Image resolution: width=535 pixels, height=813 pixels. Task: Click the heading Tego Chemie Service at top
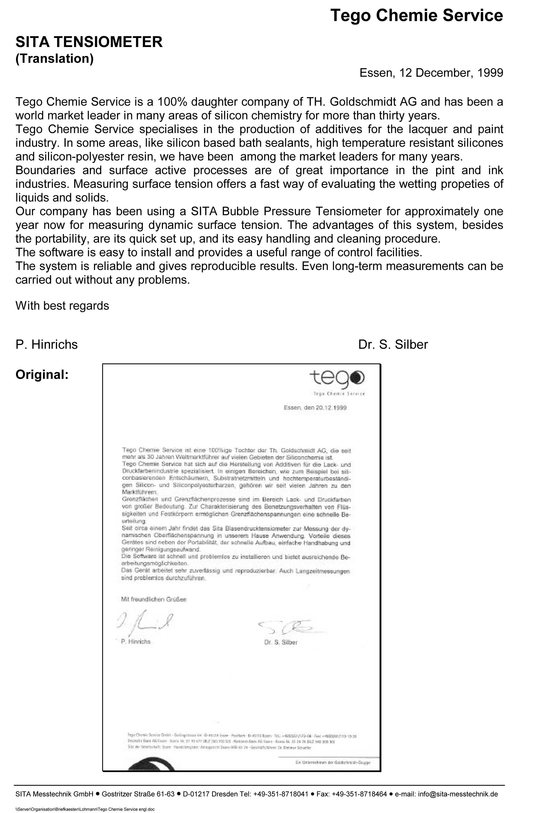coord(416,16)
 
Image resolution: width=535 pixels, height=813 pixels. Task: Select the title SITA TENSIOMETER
coord(89,42)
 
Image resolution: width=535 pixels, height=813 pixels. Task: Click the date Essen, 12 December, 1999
coord(431,73)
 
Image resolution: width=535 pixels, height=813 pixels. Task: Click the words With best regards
coord(62,305)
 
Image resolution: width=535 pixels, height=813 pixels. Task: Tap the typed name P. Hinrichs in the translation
coord(46,344)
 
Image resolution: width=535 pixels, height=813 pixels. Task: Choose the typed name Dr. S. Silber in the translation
coord(393,344)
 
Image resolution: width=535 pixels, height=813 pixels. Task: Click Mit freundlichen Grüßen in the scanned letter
coord(154,599)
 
